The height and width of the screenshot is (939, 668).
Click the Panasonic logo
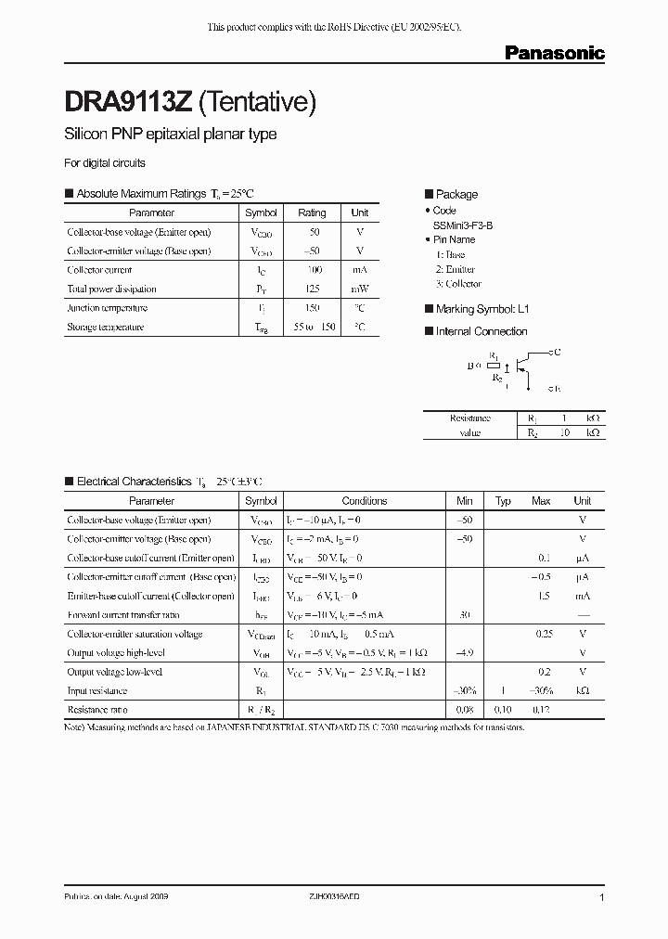(554, 54)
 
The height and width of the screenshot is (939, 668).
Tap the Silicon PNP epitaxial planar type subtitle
(171, 135)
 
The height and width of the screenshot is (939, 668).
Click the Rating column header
(312, 212)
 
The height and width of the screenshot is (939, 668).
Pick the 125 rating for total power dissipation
(312, 289)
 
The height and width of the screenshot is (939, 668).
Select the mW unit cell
(360, 289)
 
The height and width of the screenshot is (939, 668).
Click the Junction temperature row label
(107, 308)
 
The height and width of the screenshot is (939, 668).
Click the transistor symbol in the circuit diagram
(524, 363)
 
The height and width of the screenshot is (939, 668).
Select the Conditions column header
(365, 501)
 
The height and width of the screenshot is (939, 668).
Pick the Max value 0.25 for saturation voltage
(544, 634)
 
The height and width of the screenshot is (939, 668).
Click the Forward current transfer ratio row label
(123, 615)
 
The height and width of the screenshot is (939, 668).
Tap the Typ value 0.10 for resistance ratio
(503, 710)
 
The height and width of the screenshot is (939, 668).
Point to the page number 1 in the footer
(603, 898)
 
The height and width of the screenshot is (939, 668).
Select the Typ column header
(503, 501)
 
